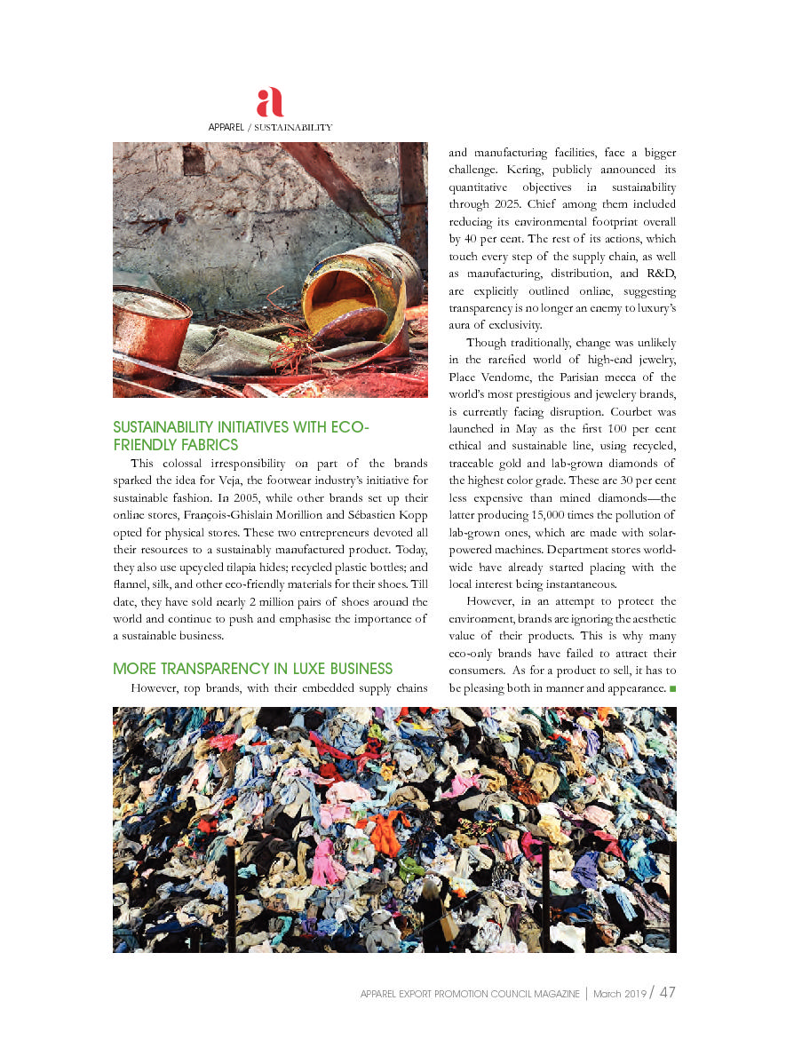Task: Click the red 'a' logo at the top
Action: (270, 103)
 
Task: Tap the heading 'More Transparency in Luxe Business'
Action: (252, 669)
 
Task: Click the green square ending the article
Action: (672, 688)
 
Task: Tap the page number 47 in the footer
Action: (668, 993)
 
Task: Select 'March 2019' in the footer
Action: (619, 994)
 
